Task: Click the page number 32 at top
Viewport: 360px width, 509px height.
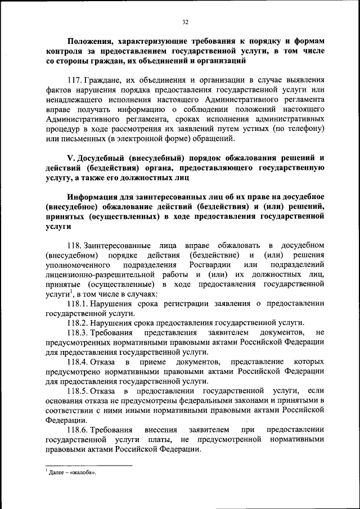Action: point(185,22)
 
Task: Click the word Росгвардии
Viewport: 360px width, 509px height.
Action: point(210,264)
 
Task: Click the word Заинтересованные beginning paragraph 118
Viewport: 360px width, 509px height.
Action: point(117,245)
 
